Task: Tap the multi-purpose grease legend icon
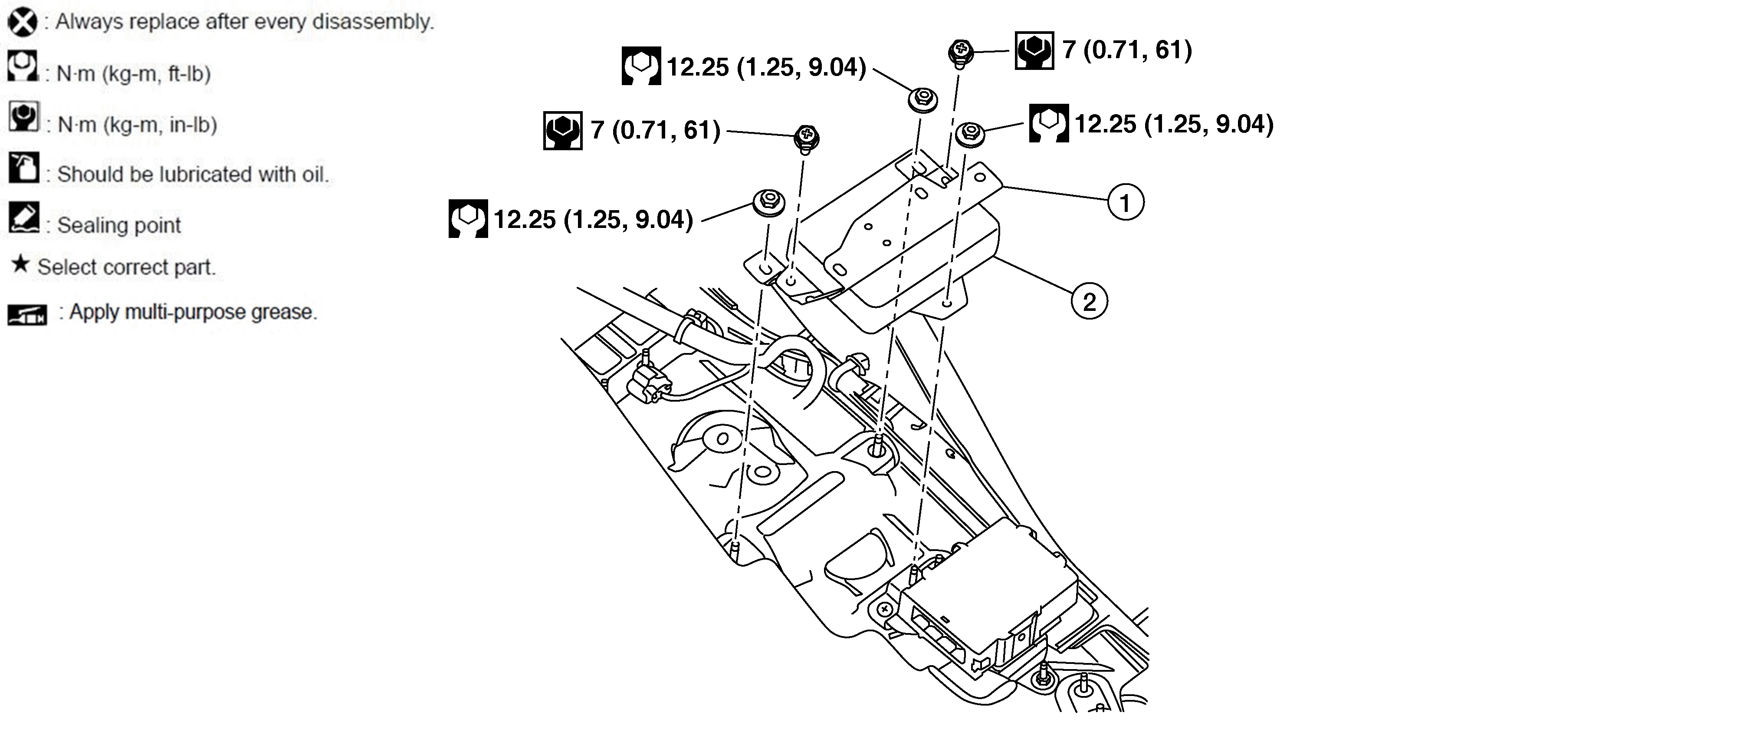(27, 315)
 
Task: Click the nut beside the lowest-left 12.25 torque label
(769, 203)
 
